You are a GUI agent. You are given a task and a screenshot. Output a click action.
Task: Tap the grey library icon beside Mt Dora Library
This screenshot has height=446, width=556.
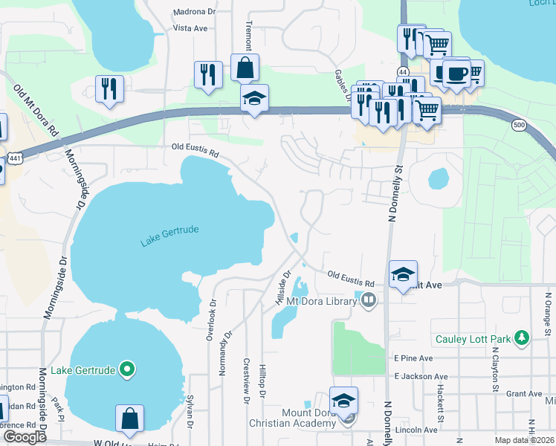point(369,301)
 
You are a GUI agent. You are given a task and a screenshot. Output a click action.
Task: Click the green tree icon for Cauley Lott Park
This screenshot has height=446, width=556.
point(522,339)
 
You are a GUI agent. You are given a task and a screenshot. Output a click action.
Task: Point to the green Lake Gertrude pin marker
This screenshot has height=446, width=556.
point(127,368)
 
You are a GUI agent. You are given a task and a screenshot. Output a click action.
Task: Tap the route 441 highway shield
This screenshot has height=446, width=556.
point(15,159)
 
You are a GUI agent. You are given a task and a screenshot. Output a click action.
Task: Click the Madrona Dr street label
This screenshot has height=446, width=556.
point(194,13)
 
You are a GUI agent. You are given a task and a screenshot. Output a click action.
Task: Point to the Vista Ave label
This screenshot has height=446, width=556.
point(190,28)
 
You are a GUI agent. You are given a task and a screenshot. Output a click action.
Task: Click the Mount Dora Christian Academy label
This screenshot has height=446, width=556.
point(309,418)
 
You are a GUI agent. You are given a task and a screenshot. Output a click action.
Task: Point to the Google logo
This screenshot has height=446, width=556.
point(25,437)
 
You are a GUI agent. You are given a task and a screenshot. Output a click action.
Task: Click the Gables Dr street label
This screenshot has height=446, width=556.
point(343,88)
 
